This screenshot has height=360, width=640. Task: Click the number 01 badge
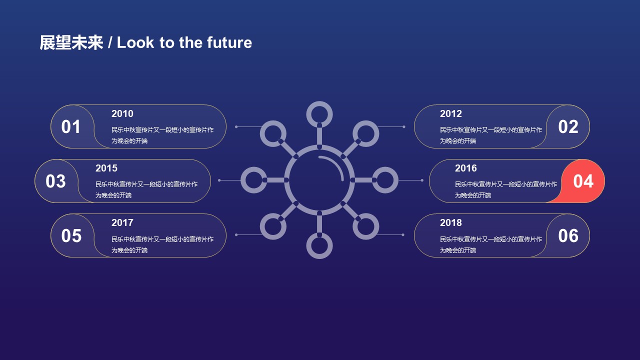(71, 126)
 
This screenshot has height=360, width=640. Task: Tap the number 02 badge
(568, 126)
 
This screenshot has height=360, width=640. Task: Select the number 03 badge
(55, 181)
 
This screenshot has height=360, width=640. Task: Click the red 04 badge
(583, 181)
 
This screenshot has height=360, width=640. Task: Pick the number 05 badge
(71, 235)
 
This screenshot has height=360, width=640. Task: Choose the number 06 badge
(568, 235)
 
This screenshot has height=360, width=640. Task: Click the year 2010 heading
(122, 113)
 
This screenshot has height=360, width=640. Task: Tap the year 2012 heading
(451, 113)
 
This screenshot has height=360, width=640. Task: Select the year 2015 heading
(106, 168)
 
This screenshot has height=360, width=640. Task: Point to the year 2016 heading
(465, 168)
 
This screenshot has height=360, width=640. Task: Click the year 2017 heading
(122, 223)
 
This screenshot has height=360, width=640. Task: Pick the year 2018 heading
(451, 223)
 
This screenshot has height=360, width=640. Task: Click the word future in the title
(229, 42)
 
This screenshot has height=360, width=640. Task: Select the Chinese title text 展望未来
(71, 43)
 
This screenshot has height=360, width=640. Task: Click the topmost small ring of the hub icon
(319, 102)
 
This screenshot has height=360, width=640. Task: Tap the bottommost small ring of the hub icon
(319, 257)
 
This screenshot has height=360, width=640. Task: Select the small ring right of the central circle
(396, 180)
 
